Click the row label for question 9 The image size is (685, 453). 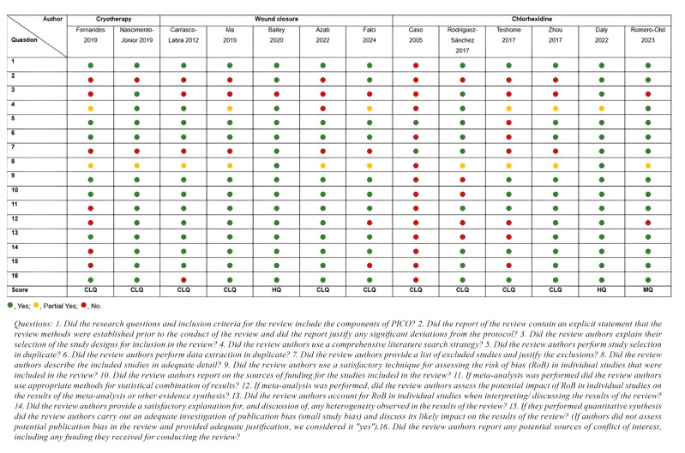[13, 175]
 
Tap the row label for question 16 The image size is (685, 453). [15, 273]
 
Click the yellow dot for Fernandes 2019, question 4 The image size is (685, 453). [89, 109]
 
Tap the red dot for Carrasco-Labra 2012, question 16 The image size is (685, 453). [184, 279]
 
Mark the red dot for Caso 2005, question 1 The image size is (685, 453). [416, 65]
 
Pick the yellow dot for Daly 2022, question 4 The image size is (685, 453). [601, 109]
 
